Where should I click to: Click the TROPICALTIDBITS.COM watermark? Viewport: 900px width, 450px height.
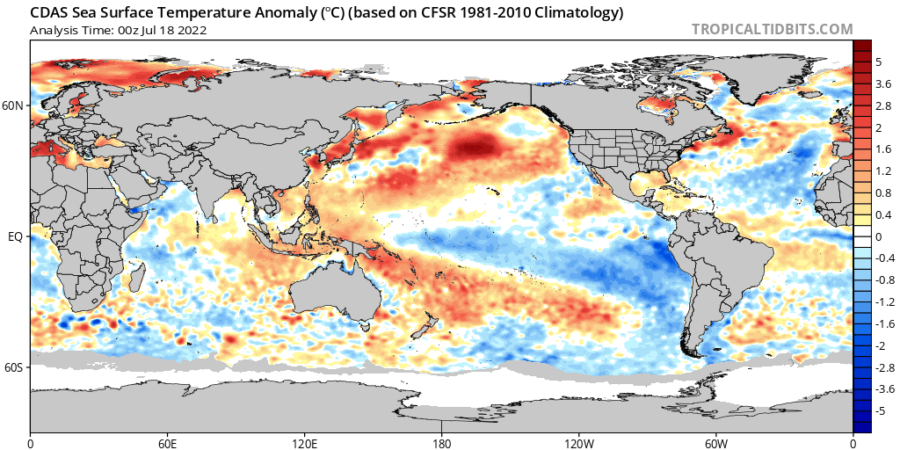tap(773, 29)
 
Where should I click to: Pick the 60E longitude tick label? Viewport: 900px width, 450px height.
tap(168, 441)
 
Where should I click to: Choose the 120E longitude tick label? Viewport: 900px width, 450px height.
tap(305, 441)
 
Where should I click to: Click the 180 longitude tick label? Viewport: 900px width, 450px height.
tap(442, 441)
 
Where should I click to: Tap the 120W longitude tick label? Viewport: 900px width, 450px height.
tap(579, 441)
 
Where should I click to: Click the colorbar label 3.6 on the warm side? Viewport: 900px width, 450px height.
tap(883, 83)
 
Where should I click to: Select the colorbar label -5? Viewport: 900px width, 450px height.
tap(882, 410)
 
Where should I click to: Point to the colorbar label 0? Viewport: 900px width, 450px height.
tap(878, 236)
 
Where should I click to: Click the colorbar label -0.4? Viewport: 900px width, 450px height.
tap(883, 258)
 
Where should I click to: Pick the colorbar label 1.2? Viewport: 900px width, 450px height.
tap(883, 171)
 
